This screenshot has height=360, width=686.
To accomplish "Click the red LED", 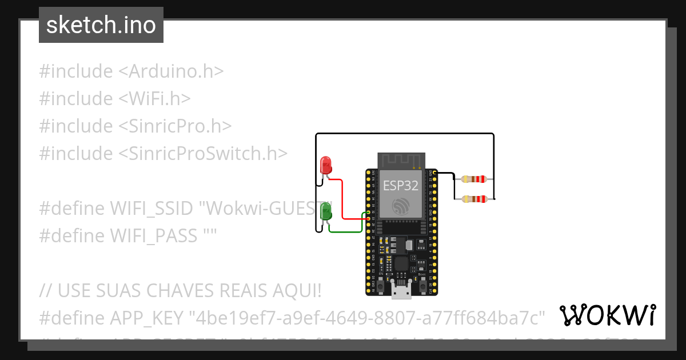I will (326, 165).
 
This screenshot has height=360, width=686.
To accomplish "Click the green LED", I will (326, 211).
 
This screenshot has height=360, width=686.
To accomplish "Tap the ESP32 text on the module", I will (400, 185).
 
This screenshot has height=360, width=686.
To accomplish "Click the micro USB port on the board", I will (401, 291).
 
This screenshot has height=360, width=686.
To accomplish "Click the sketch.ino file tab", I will (101, 25).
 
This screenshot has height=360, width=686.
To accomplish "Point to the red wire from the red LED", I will (342, 200).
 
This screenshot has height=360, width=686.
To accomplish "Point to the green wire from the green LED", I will (346, 231).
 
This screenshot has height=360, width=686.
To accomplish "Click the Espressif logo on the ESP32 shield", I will (400, 206).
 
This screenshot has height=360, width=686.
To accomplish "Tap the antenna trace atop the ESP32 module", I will (400, 161).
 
